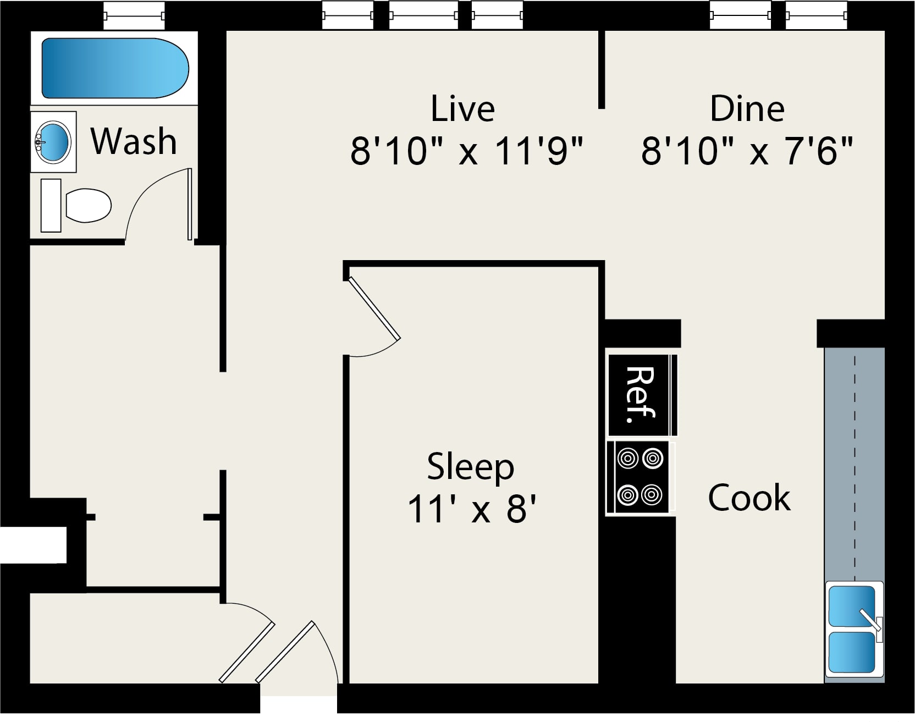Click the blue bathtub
coord(115,68)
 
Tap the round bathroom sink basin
coord(53,142)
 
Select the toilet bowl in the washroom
coord(88,206)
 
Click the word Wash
coord(134,141)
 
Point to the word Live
coord(462,108)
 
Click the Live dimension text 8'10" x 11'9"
coord(466,151)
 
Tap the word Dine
coord(747,108)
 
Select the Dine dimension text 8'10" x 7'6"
coord(747,151)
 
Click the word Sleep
coord(471,467)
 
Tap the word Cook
coord(749,498)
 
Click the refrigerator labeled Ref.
coord(642,395)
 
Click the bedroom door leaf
coord(374,308)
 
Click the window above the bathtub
coord(134,15)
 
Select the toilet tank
coord(51,205)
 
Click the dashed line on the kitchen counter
coord(855,468)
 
